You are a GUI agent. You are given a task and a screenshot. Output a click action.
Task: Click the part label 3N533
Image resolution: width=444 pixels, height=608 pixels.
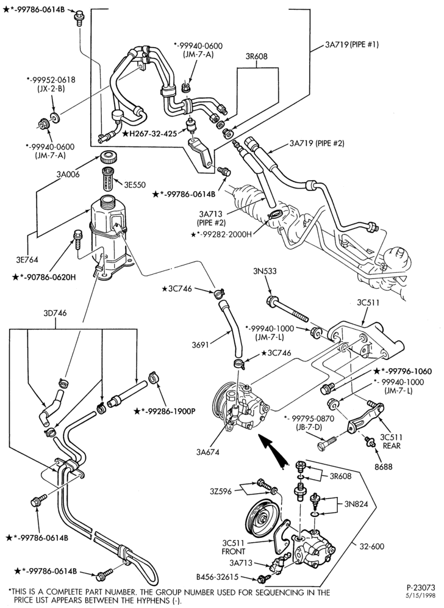[x=266, y=271]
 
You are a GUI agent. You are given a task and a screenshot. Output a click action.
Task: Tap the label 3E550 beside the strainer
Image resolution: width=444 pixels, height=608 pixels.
[x=135, y=185]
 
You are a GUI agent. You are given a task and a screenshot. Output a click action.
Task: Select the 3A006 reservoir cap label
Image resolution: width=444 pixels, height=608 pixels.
[x=69, y=175]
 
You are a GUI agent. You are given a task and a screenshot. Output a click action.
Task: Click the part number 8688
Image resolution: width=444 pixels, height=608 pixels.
[x=383, y=466]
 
